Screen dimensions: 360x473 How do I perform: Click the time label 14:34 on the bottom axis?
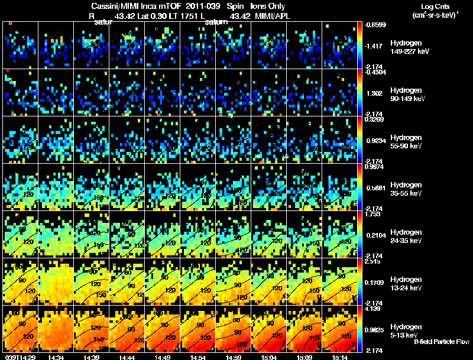click(x=56, y=356)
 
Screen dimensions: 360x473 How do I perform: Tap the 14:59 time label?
click(x=233, y=356)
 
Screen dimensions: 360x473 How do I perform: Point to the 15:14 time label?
click(x=339, y=356)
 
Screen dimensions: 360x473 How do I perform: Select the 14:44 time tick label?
click(x=127, y=356)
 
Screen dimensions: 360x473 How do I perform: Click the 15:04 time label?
click(x=268, y=356)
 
